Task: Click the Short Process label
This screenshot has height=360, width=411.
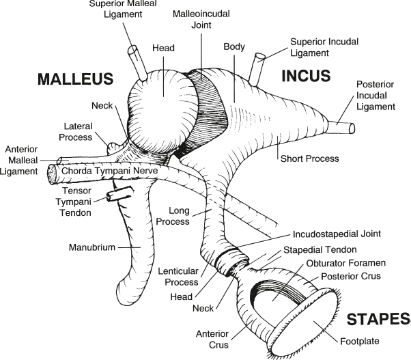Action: point(309,158)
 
